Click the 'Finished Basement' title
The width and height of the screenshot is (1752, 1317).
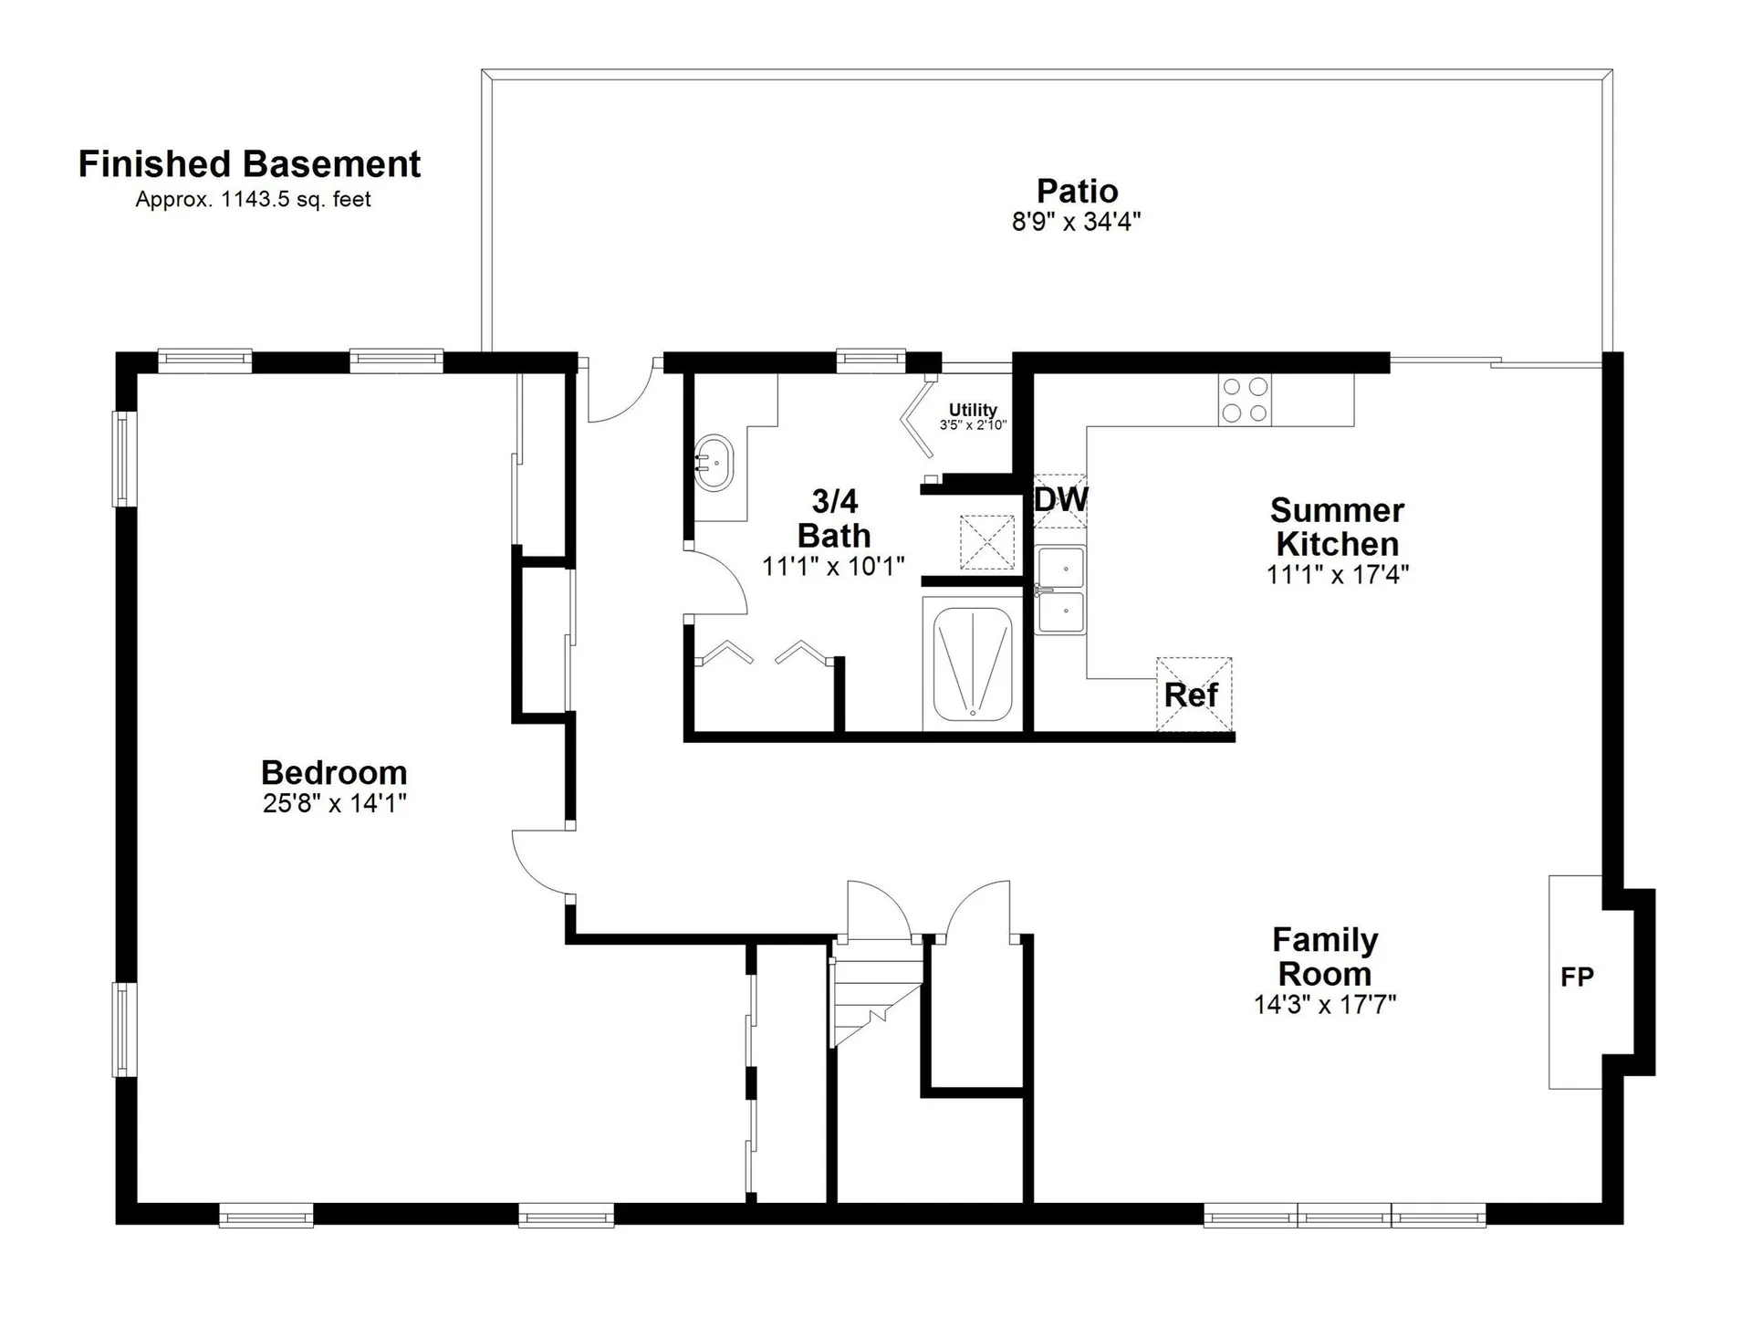249,164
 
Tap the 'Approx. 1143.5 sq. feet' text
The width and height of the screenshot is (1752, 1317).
253,199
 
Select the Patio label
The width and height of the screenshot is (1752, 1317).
1077,191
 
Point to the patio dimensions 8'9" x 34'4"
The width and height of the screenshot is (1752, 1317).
1077,222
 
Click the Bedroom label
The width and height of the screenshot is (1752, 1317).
334,773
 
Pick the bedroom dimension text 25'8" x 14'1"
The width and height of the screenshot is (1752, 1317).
334,804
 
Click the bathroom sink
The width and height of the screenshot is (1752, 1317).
714,464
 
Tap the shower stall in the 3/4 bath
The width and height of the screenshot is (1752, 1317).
973,664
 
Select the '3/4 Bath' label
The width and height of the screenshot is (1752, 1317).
834,518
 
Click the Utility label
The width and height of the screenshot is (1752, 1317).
973,410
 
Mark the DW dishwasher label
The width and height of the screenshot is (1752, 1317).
1061,499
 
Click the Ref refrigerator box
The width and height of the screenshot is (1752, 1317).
1194,695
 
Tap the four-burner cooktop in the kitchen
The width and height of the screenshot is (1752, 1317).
1245,400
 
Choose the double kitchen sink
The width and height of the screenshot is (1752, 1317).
1060,590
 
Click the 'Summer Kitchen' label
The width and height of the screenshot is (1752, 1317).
1338,527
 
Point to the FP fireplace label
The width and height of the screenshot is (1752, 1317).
1577,977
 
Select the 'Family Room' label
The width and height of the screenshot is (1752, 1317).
1325,956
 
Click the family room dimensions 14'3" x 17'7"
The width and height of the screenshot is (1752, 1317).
1325,1005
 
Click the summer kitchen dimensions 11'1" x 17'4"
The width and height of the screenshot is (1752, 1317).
1338,575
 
